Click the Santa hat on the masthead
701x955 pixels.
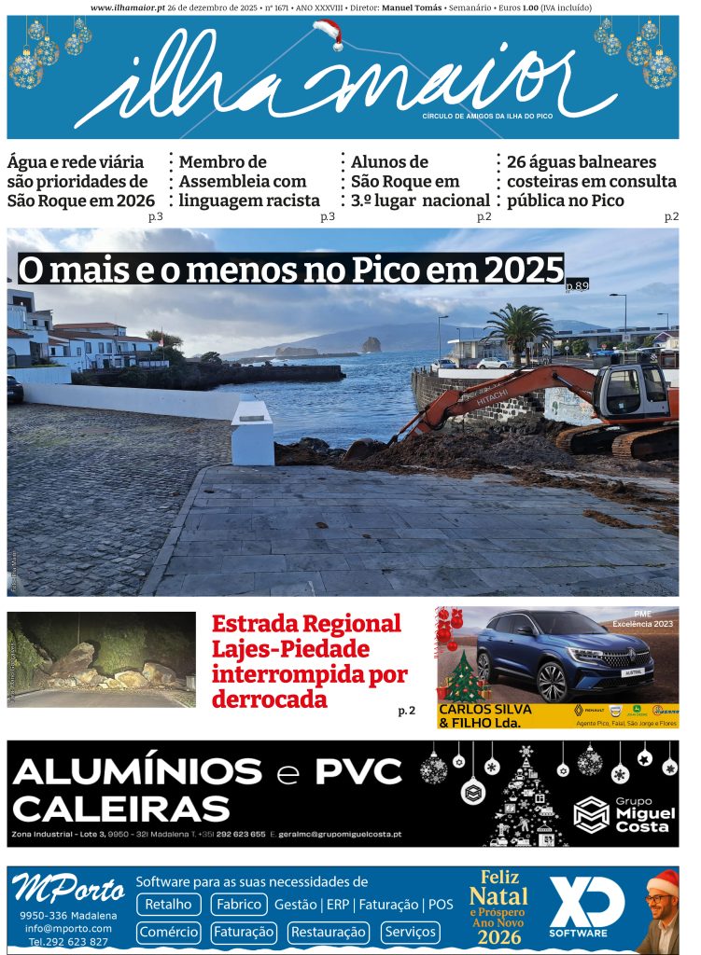(329, 35)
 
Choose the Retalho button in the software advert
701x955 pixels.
(169, 904)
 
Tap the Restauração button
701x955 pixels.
(328, 932)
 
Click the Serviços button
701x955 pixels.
(410, 932)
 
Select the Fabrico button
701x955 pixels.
(238, 904)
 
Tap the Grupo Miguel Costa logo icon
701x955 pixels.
(591, 814)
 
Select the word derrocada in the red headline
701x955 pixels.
(270, 699)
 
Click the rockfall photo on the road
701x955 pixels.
(101, 658)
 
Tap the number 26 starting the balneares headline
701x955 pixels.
(517, 162)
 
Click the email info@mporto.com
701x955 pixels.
(69, 928)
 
